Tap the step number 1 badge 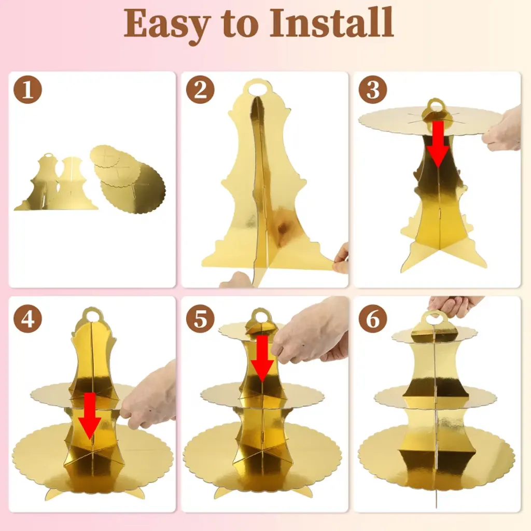[x=28, y=90]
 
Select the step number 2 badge [x=200, y=90]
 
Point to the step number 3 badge [x=373, y=90]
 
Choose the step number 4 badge [x=28, y=319]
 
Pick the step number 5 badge [x=200, y=319]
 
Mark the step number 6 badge [x=373, y=319]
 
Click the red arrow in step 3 [x=438, y=144]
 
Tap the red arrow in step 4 [x=90, y=416]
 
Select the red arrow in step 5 [x=262, y=359]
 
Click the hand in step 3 [x=502, y=129]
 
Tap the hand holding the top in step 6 [x=455, y=306]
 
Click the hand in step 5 [x=310, y=332]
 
